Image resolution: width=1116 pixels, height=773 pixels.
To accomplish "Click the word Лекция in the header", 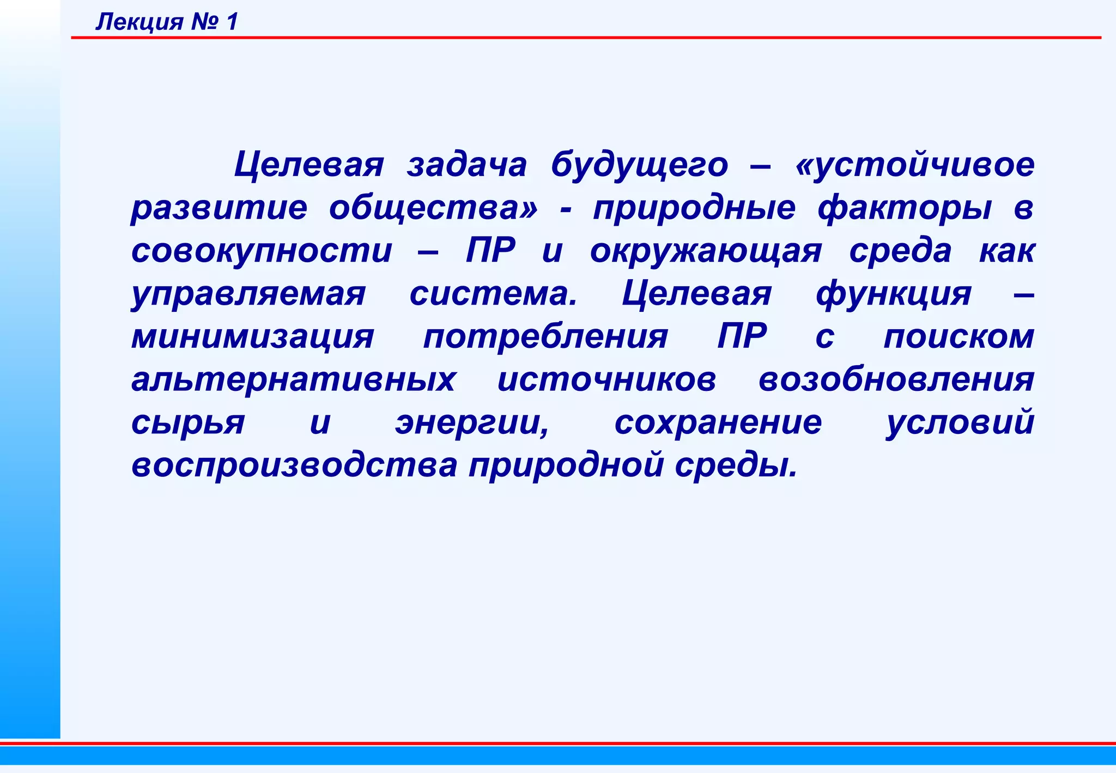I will point(139,22).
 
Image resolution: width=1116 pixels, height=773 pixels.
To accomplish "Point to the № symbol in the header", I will point(204,22).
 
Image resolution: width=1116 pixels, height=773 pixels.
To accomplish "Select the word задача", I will point(466,165).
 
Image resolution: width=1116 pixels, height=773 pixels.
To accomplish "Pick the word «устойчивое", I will point(914,165).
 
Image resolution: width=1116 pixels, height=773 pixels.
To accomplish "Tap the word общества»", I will point(433,208).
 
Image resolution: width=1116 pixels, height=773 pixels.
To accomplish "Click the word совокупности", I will point(262,251).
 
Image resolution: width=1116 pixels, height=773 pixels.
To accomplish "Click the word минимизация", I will point(253,336).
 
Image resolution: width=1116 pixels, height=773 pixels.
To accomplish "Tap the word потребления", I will point(545,337).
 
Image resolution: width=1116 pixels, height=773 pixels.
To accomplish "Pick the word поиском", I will point(959,336).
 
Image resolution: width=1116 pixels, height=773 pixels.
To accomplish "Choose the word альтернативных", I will point(293,379).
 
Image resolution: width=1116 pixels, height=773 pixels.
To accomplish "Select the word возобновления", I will point(896,379).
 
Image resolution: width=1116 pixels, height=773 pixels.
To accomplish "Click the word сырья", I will point(188,423).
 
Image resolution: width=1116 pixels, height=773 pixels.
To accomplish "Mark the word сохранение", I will point(718,422).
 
